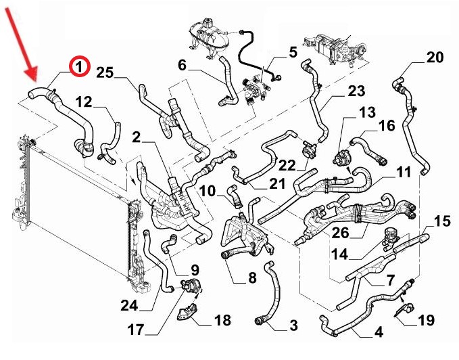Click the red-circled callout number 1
tap(79, 66)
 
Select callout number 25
tap(105, 72)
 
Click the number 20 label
tap(435, 58)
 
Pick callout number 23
tap(356, 91)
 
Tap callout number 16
tap(386, 126)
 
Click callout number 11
tap(403, 172)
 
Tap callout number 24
tap(128, 305)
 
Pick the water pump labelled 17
tap(191, 287)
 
